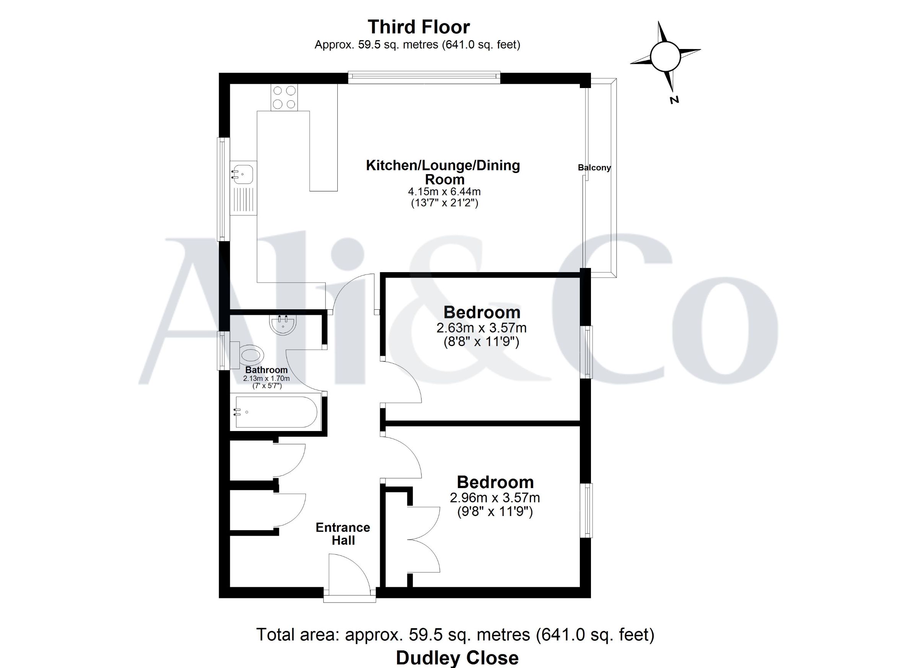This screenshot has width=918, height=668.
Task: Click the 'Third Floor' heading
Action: click(418, 27)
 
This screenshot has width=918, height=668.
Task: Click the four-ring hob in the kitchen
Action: click(284, 97)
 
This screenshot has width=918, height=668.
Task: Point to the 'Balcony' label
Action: click(594, 168)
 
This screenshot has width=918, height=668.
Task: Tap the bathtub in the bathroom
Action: click(276, 412)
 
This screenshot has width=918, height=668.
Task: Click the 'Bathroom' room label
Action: click(266, 370)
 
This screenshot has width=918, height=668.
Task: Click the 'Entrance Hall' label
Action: click(343, 534)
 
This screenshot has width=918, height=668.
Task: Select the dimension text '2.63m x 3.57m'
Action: click(481, 327)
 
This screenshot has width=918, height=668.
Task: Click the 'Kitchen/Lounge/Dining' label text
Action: click(443, 165)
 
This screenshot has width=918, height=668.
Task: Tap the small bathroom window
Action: click(223, 350)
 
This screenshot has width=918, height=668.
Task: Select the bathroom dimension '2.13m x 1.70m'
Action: click(266, 379)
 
